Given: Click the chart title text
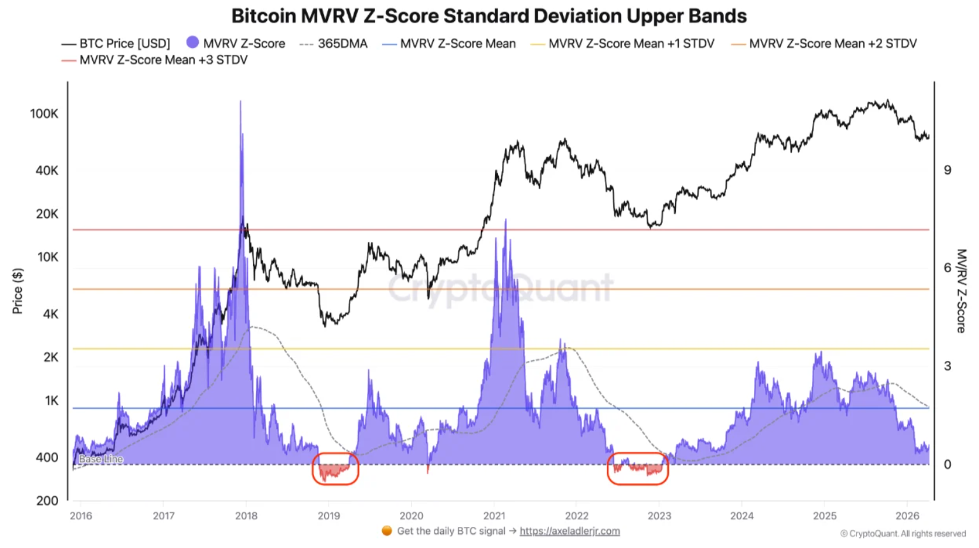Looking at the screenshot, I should tap(489, 16).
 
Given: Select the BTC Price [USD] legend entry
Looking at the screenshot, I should tap(116, 43).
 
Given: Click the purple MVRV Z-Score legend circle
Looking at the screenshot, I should tap(192, 42).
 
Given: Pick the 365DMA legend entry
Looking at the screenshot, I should tap(334, 43).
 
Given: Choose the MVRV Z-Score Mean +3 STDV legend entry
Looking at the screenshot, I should tap(155, 60).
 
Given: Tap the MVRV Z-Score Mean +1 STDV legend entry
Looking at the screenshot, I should tap(623, 43).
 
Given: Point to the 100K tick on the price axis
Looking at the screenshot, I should tap(44, 113).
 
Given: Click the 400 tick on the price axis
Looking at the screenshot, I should tap(47, 457).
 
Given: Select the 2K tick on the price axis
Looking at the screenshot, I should tap(50, 357).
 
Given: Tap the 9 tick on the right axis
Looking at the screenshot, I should tap(947, 170).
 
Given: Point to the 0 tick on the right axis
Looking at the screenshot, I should tap(947, 464).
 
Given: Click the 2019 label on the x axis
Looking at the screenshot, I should tap(329, 516).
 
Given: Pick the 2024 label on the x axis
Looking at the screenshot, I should tap(742, 516).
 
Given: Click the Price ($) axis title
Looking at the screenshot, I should tap(18, 291).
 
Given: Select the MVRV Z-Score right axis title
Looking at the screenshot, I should tap(961, 290).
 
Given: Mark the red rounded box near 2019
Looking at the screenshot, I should tap(335, 469).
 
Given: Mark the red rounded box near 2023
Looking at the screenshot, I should tap(638, 469).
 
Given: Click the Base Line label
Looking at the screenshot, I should tap(101, 459).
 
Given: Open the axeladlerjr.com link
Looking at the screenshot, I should tap(569, 531).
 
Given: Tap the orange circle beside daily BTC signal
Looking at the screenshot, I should tap(387, 531).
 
